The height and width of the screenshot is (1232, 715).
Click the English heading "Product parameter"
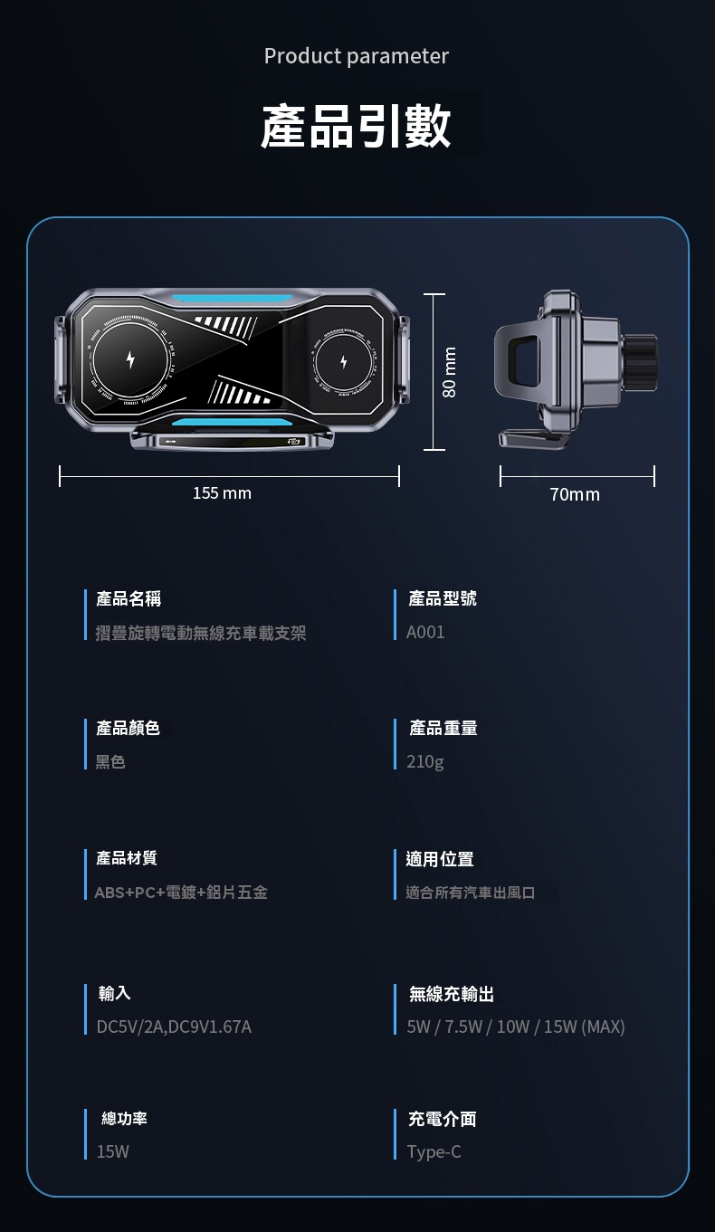point(357,56)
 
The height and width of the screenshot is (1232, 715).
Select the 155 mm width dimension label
point(223,493)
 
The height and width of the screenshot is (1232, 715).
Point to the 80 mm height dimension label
point(450,372)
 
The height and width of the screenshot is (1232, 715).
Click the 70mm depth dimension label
point(575,494)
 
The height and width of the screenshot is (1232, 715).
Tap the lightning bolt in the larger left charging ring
point(130,359)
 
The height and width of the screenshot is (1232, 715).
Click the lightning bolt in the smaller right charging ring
point(344,362)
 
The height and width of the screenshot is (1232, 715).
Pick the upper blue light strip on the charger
point(232,298)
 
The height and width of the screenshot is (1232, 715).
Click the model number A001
point(425,633)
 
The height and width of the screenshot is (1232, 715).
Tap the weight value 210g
point(425,762)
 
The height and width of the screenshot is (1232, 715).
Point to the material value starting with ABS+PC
point(181,893)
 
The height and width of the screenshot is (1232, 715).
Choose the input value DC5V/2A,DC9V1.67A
point(174,1027)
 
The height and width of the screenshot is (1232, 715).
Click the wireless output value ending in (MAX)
point(516,1027)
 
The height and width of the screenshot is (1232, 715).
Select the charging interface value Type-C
point(434,1151)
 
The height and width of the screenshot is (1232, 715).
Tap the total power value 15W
point(113,1151)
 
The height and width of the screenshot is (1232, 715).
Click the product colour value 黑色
point(110,762)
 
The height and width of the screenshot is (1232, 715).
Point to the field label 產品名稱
point(129,598)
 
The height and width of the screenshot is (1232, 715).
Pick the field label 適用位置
point(440,859)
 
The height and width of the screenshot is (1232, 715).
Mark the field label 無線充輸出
point(452,995)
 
